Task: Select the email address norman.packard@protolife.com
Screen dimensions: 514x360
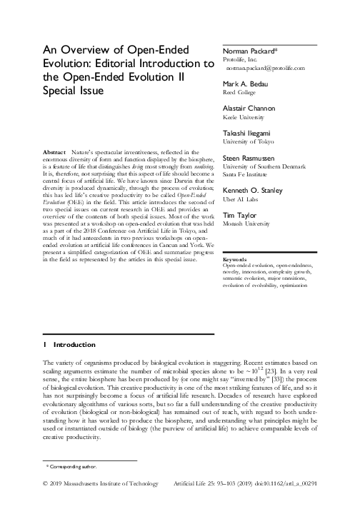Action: pos(266,69)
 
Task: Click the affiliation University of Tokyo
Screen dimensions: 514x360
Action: pos(247,142)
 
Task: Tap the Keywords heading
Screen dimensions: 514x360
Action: pos(236,278)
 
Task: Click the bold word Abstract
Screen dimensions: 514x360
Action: pos(54,151)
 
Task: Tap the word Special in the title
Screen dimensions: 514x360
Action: pos(64,91)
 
